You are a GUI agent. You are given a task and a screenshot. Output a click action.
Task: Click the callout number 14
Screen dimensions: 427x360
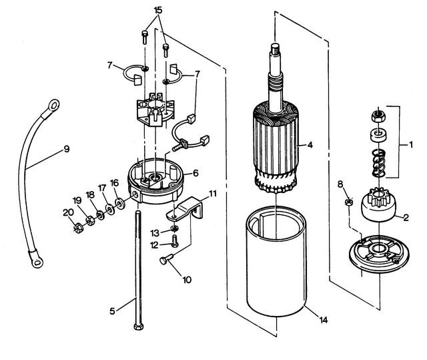click(x=323, y=320)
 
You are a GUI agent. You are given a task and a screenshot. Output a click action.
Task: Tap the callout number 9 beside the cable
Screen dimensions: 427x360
click(x=67, y=149)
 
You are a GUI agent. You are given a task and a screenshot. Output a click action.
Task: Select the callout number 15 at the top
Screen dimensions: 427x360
click(x=158, y=10)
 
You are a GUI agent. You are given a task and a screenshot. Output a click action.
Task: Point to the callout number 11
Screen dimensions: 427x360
click(x=213, y=194)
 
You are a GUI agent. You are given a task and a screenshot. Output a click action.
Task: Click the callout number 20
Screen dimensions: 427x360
click(x=68, y=212)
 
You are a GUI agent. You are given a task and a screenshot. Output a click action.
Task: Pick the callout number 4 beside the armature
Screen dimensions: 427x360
click(x=310, y=145)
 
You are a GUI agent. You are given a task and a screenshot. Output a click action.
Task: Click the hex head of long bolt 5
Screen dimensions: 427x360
click(x=139, y=326)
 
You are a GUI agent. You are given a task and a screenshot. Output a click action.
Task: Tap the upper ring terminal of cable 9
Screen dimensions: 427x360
click(x=53, y=106)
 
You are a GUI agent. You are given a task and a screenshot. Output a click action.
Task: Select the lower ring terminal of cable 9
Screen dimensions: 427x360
click(x=37, y=262)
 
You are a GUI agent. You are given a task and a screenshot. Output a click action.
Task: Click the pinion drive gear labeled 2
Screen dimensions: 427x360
click(x=378, y=204)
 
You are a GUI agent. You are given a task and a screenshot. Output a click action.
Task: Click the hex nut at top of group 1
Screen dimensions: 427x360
click(x=378, y=116)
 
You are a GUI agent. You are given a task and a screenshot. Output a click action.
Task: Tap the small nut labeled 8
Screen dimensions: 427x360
click(x=349, y=202)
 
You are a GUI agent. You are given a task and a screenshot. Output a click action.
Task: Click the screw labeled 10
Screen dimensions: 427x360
click(x=166, y=258)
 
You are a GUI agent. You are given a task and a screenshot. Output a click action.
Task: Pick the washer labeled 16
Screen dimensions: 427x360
click(x=120, y=203)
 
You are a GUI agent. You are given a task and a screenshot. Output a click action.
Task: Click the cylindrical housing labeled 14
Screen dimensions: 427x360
click(x=276, y=262)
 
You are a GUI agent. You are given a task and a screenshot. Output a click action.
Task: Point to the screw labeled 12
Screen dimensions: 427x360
click(x=174, y=241)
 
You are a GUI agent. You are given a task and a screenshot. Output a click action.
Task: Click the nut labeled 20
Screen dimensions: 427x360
click(x=78, y=228)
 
